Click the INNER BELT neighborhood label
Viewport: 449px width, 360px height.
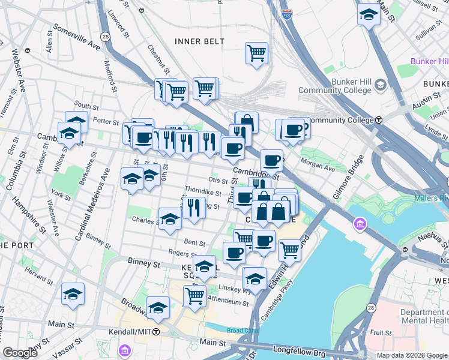199,41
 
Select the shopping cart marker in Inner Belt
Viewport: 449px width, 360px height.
256,53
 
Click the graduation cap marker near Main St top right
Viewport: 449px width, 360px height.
369,15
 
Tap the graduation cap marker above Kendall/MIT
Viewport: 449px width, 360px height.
158,307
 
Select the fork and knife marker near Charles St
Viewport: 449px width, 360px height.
194,208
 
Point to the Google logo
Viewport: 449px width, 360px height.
20,353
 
